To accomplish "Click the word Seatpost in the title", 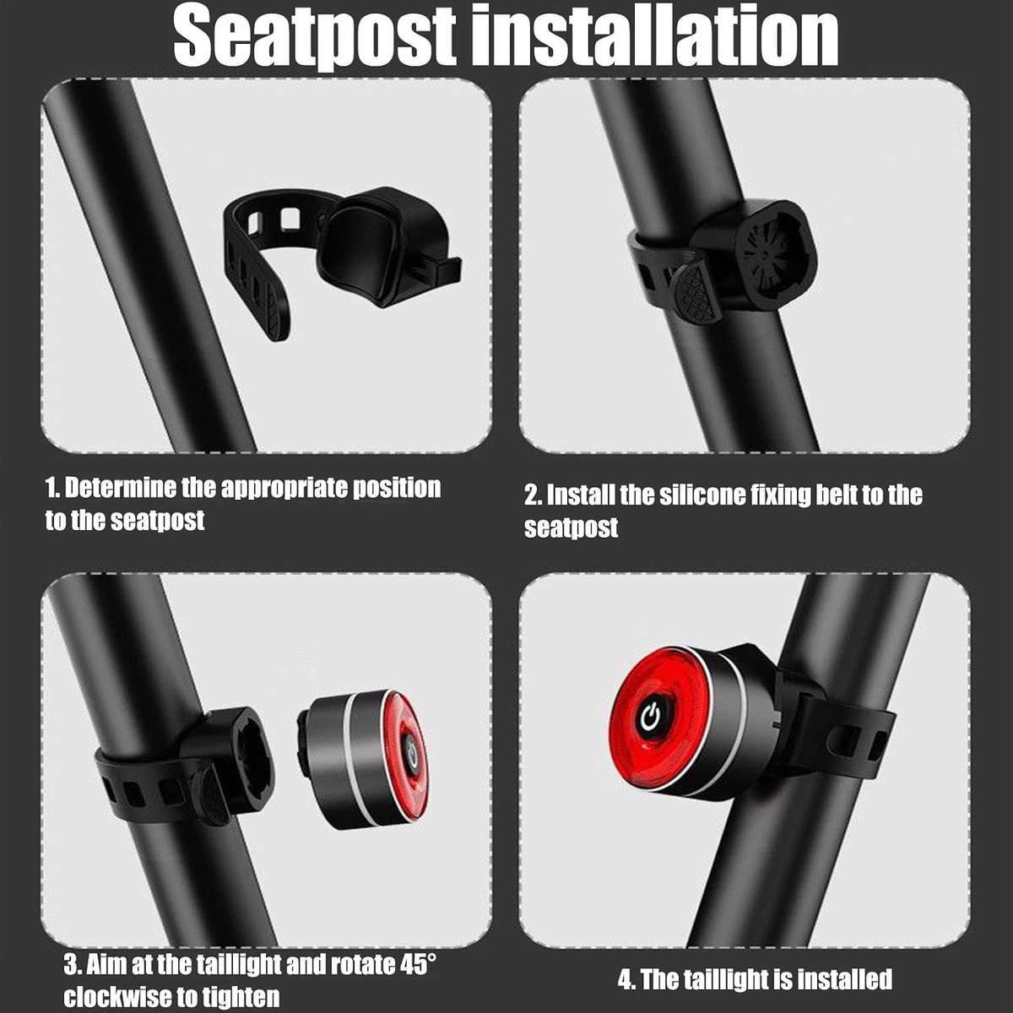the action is coord(314,38).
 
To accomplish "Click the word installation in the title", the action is coord(655,38).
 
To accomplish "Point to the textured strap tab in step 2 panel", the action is coord(696,293).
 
